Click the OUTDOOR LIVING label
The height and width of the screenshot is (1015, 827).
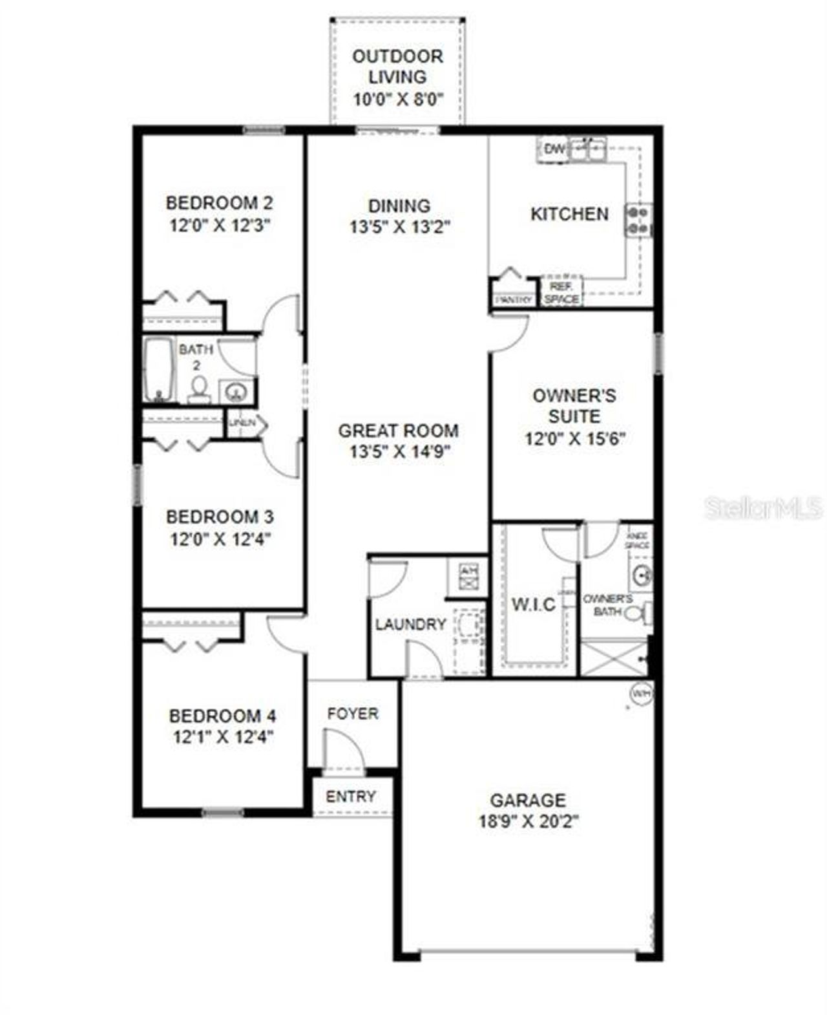[x=397, y=66]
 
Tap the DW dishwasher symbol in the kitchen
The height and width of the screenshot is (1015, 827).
[x=554, y=149]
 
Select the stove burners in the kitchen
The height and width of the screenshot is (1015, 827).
[x=638, y=220]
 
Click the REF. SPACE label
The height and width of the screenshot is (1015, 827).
[x=561, y=292]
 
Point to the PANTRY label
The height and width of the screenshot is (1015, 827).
[x=514, y=300]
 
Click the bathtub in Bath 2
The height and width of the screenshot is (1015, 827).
[x=159, y=370]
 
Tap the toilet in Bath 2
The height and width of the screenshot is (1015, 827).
[x=199, y=390]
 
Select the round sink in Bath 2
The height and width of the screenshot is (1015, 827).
[x=236, y=391]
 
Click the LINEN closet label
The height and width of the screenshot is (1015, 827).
[x=241, y=423]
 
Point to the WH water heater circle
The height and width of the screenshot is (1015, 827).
[x=641, y=694]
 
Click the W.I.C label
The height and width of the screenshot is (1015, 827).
[x=533, y=604]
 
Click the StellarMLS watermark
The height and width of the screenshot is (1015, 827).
[x=763, y=508]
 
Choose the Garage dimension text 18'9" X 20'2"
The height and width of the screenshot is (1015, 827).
[x=529, y=822]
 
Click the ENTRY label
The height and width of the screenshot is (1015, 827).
[x=351, y=796]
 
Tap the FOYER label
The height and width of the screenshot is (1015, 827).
[x=353, y=714]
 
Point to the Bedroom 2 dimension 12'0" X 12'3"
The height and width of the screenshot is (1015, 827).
[x=220, y=226]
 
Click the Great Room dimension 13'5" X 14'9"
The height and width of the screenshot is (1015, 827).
[x=399, y=451]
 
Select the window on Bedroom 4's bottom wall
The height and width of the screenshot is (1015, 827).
[x=223, y=812]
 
